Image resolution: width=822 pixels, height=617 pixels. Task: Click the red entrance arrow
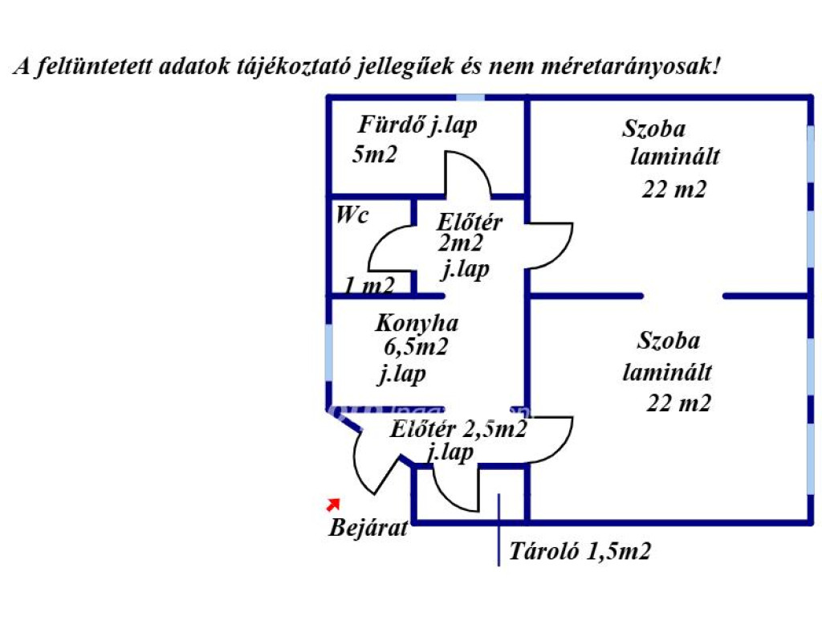[x=332, y=504]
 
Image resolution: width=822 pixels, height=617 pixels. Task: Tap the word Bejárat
[x=368, y=529]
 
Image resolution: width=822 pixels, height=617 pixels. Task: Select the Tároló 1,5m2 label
[x=580, y=552]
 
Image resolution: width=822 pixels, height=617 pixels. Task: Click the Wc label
[x=352, y=215]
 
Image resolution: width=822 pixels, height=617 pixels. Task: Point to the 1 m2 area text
[x=370, y=285]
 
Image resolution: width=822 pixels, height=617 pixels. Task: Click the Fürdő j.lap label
[x=417, y=126]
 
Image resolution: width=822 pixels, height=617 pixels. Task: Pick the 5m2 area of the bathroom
[x=375, y=155]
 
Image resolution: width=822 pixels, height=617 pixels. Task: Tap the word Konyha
[x=417, y=324]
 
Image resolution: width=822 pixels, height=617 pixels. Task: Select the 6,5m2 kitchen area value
[x=416, y=348]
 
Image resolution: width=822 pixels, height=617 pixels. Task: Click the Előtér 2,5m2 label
[x=458, y=430]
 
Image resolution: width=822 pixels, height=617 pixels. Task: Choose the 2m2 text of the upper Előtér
[x=460, y=243]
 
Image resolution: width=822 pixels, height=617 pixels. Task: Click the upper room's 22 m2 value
[x=674, y=189]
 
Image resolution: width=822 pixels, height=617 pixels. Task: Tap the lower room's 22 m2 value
[x=679, y=403]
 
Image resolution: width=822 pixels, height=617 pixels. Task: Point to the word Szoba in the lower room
[x=669, y=341]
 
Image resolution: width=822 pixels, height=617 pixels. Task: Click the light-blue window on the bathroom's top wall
[x=470, y=97]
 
